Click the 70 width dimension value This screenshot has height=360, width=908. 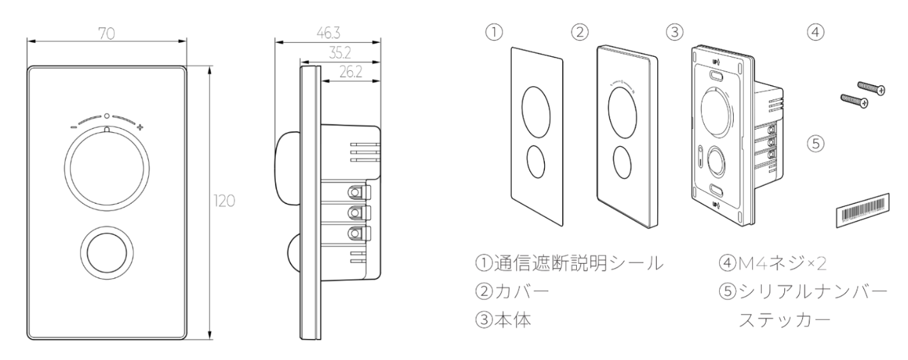(x=107, y=34)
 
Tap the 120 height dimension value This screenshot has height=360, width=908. (x=224, y=200)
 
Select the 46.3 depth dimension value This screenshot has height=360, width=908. (x=329, y=33)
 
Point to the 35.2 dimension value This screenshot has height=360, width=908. (x=339, y=53)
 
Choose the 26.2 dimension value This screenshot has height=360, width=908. (x=351, y=72)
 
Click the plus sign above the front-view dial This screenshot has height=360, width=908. (x=140, y=128)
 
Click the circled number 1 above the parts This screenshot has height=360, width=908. (x=494, y=32)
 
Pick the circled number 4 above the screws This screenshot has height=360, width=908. (x=815, y=32)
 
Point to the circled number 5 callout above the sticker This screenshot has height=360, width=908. (x=815, y=144)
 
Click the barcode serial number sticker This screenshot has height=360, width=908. (x=863, y=211)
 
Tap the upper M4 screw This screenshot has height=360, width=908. (x=871, y=88)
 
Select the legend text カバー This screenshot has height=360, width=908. (x=522, y=292)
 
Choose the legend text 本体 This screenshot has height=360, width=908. (x=512, y=320)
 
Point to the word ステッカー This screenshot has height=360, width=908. (x=784, y=320)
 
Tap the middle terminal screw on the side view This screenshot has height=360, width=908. (x=355, y=212)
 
